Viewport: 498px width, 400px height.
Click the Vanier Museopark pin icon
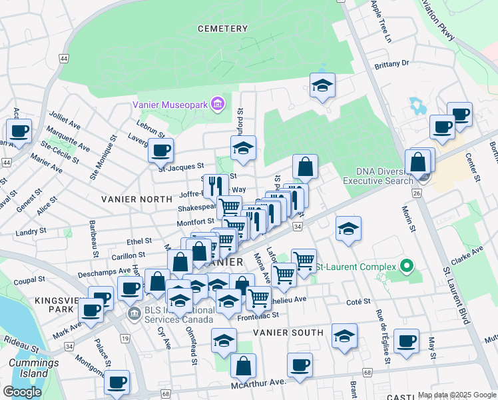[x=217, y=104]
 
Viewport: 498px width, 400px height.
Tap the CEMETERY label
[x=222, y=29]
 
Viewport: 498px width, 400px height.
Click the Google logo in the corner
[x=22, y=391]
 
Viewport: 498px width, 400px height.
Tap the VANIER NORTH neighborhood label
[x=131, y=199]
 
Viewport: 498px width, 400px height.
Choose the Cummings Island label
[x=29, y=368]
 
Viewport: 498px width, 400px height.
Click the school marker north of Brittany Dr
[x=322, y=86]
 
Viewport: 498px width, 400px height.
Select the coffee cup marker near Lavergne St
[x=160, y=151]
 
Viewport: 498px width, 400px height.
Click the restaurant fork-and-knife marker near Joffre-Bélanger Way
[x=214, y=185]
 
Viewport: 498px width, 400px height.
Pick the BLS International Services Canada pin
[x=135, y=314]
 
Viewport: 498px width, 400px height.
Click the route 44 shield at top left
[x=63, y=59]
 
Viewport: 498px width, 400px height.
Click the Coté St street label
[x=358, y=302]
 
